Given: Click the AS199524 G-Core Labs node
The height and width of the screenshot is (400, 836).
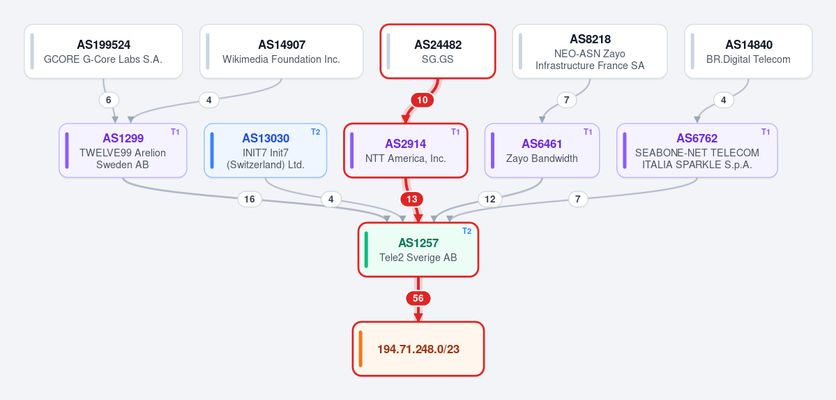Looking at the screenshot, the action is pyautogui.click(x=103, y=51).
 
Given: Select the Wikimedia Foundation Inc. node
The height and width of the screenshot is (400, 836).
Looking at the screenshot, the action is pyautogui.click(x=282, y=51).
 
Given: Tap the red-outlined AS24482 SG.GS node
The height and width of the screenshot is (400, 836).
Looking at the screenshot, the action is pyautogui.click(x=438, y=51).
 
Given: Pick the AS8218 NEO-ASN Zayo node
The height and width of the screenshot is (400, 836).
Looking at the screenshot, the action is pyautogui.click(x=590, y=51).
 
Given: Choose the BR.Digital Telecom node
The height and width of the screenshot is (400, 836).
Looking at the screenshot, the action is pyautogui.click(x=749, y=51).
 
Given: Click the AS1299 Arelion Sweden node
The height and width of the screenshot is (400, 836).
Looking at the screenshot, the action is pyautogui.click(x=123, y=151).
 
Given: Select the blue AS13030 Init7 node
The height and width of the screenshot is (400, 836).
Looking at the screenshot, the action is pyautogui.click(x=266, y=151).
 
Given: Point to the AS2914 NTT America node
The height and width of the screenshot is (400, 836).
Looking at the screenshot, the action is pyautogui.click(x=406, y=151).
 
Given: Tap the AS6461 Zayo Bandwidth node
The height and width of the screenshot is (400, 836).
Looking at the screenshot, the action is pyautogui.click(x=542, y=151).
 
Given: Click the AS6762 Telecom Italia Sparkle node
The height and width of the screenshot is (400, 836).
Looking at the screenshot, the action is pyautogui.click(x=697, y=151).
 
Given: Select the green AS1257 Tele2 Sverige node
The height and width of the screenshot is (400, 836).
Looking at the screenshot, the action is pyautogui.click(x=418, y=250).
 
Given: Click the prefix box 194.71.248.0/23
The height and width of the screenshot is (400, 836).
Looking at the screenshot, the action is pyautogui.click(x=418, y=349).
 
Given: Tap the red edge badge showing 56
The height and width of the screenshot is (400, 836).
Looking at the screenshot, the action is pyautogui.click(x=418, y=299).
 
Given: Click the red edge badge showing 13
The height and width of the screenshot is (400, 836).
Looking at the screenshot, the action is pyautogui.click(x=411, y=199).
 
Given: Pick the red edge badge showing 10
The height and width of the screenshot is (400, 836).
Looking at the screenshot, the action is pyautogui.click(x=423, y=100).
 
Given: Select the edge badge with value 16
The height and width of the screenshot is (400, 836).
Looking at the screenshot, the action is pyautogui.click(x=250, y=199).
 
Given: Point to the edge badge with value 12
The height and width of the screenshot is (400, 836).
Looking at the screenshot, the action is pyautogui.click(x=490, y=199).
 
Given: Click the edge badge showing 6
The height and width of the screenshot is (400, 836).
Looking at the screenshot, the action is pyautogui.click(x=109, y=100).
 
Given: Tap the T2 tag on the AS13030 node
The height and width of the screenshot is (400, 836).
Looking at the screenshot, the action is pyautogui.click(x=316, y=132).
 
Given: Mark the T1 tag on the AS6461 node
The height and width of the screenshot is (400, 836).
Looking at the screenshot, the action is pyautogui.click(x=588, y=132).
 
